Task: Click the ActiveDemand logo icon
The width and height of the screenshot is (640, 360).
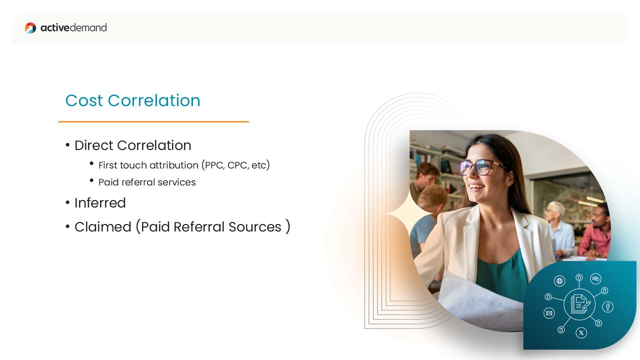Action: pyautogui.click(x=30, y=28)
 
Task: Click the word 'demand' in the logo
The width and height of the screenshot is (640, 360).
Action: pyautogui.click(x=88, y=27)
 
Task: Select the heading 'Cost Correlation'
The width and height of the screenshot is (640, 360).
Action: pyautogui.click(x=133, y=100)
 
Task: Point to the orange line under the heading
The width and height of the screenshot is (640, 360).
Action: pyautogui.click(x=153, y=121)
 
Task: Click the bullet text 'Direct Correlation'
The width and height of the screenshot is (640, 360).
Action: pyautogui.click(x=133, y=145)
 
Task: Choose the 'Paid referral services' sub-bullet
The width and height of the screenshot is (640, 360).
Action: pyautogui.click(x=147, y=182)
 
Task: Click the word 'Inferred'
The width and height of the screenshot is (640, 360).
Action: pyautogui.click(x=100, y=203)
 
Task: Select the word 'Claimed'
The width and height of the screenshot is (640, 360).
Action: pyautogui.click(x=103, y=227)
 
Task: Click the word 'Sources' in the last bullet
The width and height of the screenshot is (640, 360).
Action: pyautogui.click(x=255, y=227)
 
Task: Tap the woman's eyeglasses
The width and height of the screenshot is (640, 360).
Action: pyautogui.click(x=479, y=167)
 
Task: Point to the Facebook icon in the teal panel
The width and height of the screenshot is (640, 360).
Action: pyautogui.click(x=607, y=307)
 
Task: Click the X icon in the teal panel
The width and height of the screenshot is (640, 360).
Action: pyautogui.click(x=581, y=333)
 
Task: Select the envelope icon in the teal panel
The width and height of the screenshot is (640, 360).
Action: pyautogui.click(x=549, y=313)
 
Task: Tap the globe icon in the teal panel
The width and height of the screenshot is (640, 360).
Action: pyautogui.click(x=559, y=281)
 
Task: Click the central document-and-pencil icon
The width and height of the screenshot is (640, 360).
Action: pyautogui.click(x=579, y=304)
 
